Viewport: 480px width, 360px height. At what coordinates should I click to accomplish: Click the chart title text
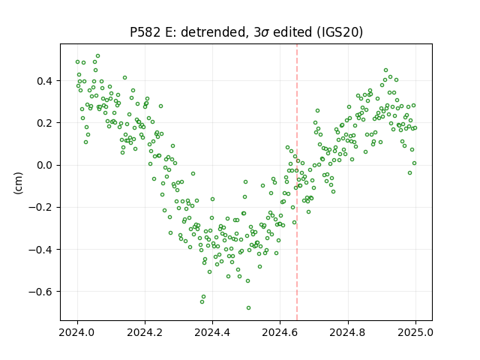tap(247, 32)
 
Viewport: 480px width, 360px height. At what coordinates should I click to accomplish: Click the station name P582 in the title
tap(145, 32)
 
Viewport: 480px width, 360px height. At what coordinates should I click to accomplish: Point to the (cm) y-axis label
tap(18, 183)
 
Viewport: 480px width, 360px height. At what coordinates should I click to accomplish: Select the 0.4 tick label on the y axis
tap(45, 81)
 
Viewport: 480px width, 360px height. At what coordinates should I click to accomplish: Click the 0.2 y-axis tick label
tap(45, 123)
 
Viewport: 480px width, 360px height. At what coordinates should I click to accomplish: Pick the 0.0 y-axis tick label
tap(45, 165)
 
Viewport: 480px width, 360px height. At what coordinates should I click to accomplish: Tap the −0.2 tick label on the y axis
tap(40, 208)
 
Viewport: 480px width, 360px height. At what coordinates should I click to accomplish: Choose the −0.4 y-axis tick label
tap(40, 250)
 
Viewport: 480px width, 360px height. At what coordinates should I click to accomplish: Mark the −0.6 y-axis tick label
tap(40, 292)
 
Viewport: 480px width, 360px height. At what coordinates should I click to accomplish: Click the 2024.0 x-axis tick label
tap(77, 332)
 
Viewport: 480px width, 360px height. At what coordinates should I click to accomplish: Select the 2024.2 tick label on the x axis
tap(145, 332)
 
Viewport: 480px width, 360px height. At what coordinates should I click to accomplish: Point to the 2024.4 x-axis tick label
tap(212, 332)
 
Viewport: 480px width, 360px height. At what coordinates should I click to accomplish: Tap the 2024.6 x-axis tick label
tap(280, 332)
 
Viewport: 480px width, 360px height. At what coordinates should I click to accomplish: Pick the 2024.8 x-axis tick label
tap(348, 332)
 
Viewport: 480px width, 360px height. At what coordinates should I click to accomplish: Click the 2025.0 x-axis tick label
tap(415, 332)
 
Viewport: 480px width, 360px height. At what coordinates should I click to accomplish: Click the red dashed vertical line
tap(297, 182)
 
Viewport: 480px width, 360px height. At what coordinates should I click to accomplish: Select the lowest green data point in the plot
tap(248, 307)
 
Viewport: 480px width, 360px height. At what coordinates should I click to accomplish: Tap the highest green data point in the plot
tap(98, 56)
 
